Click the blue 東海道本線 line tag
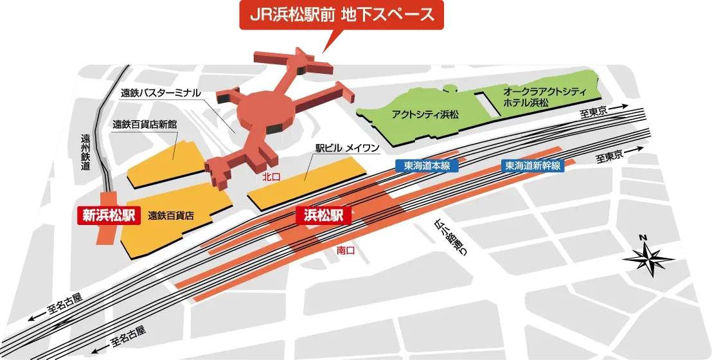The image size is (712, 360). coord(427,165)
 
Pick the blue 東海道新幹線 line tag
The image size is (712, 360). coord(533,165)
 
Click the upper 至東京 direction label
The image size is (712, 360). coord(593,113)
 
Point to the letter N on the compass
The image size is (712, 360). coord(642,239)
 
